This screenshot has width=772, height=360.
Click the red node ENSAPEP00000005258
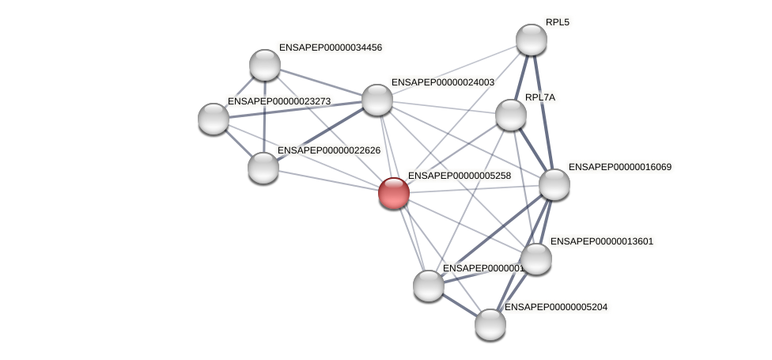[393, 192]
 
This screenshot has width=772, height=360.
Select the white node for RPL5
[531, 40]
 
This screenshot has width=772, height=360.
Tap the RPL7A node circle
[510, 115]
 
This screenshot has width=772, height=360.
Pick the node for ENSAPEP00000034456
[264, 65]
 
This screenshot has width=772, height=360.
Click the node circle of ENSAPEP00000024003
[377, 100]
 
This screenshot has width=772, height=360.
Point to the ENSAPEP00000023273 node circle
[213, 119]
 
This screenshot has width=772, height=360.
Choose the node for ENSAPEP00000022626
[263, 168]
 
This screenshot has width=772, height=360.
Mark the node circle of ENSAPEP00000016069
[554, 184]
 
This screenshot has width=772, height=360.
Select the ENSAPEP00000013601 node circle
[535, 259]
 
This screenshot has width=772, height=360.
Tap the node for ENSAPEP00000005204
[490, 324]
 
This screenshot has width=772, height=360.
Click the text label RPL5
[557, 22]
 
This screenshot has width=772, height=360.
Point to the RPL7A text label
[540, 97]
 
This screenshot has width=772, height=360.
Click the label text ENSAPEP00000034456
[330, 47]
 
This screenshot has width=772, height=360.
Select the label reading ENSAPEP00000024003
[442, 82]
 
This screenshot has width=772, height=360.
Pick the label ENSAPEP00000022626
[328, 150]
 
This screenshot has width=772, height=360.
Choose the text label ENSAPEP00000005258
[459, 176]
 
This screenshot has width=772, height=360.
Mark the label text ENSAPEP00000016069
[619, 167]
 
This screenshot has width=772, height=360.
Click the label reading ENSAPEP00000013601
[601, 241]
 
